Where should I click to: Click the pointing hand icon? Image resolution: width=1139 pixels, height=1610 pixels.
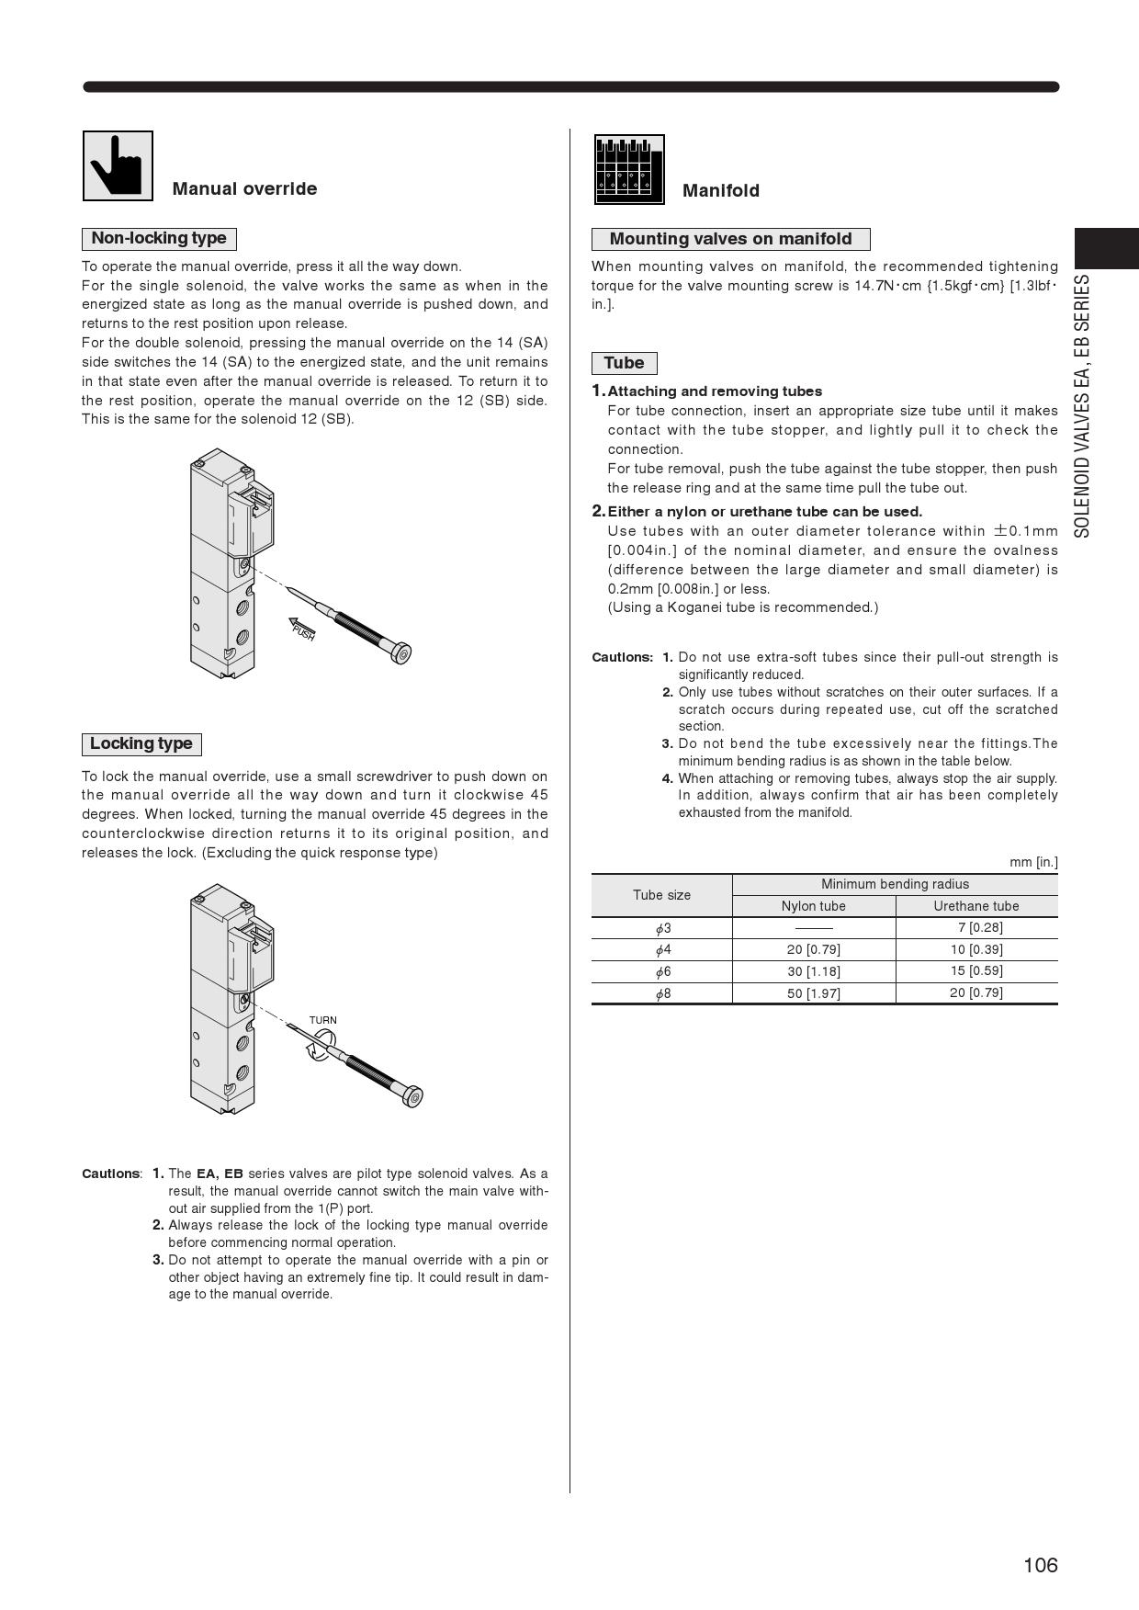click(118, 165)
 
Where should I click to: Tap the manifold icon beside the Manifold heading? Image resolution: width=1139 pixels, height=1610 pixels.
click(629, 170)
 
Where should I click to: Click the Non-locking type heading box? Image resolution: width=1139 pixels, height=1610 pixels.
click(159, 239)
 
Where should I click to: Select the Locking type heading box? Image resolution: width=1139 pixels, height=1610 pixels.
click(141, 743)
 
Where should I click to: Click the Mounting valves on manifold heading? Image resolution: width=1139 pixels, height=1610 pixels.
click(730, 240)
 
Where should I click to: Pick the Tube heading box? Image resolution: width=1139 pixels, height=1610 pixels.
click(624, 363)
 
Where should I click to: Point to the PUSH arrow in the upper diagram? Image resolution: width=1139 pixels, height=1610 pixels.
click(302, 629)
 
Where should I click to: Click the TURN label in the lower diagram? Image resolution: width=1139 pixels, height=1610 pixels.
click(322, 1020)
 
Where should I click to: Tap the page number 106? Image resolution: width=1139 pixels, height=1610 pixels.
click(1040, 1565)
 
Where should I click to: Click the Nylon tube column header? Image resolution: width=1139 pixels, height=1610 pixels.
click(813, 906)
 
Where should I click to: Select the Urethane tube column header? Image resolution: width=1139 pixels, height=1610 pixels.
click(975, 906)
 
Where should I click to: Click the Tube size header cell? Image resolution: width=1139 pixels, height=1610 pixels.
click(661, 895)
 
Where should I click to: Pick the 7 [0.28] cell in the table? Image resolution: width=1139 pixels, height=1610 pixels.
click(979, 927)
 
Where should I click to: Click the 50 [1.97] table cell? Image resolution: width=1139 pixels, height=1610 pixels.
click(813, 993)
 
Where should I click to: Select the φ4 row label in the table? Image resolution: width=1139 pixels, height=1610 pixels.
click(662, 949)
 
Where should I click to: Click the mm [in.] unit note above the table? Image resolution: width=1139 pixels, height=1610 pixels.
click(1033, 862)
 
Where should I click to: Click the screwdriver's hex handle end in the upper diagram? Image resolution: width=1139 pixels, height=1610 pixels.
click(400, 653)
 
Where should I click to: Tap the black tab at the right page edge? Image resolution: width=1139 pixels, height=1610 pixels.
click(1106, 249)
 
